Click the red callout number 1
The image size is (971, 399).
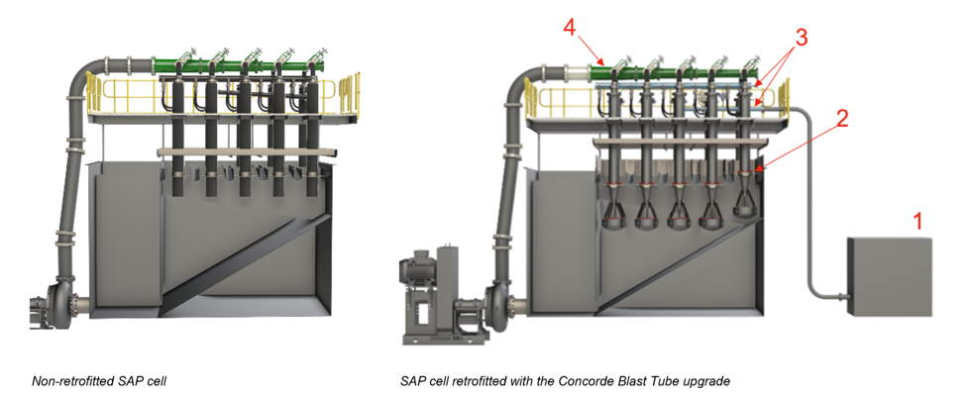918,221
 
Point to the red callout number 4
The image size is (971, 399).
571,27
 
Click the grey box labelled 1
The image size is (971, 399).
890,277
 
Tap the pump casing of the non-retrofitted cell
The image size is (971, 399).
61,302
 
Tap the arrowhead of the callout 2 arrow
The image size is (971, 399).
761,169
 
